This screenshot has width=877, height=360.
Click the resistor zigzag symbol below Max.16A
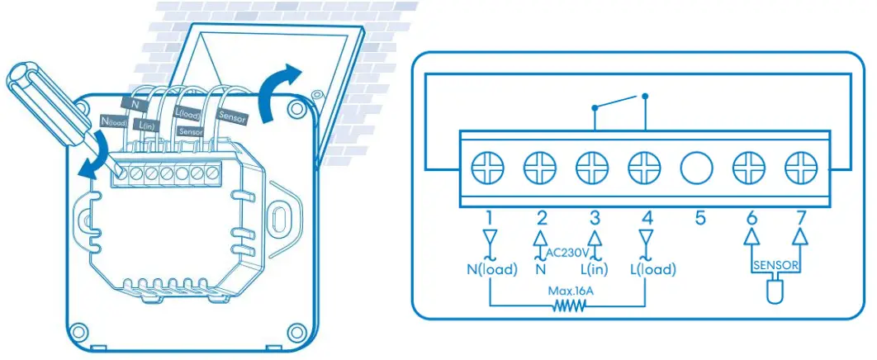coord(568,306)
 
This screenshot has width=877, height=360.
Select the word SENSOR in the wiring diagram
coord(775,267)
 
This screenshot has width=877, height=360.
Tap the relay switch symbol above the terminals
coord(619,103)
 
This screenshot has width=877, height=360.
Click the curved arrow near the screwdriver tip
coord(88,157)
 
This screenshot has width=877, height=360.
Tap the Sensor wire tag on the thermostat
coord(232,116)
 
